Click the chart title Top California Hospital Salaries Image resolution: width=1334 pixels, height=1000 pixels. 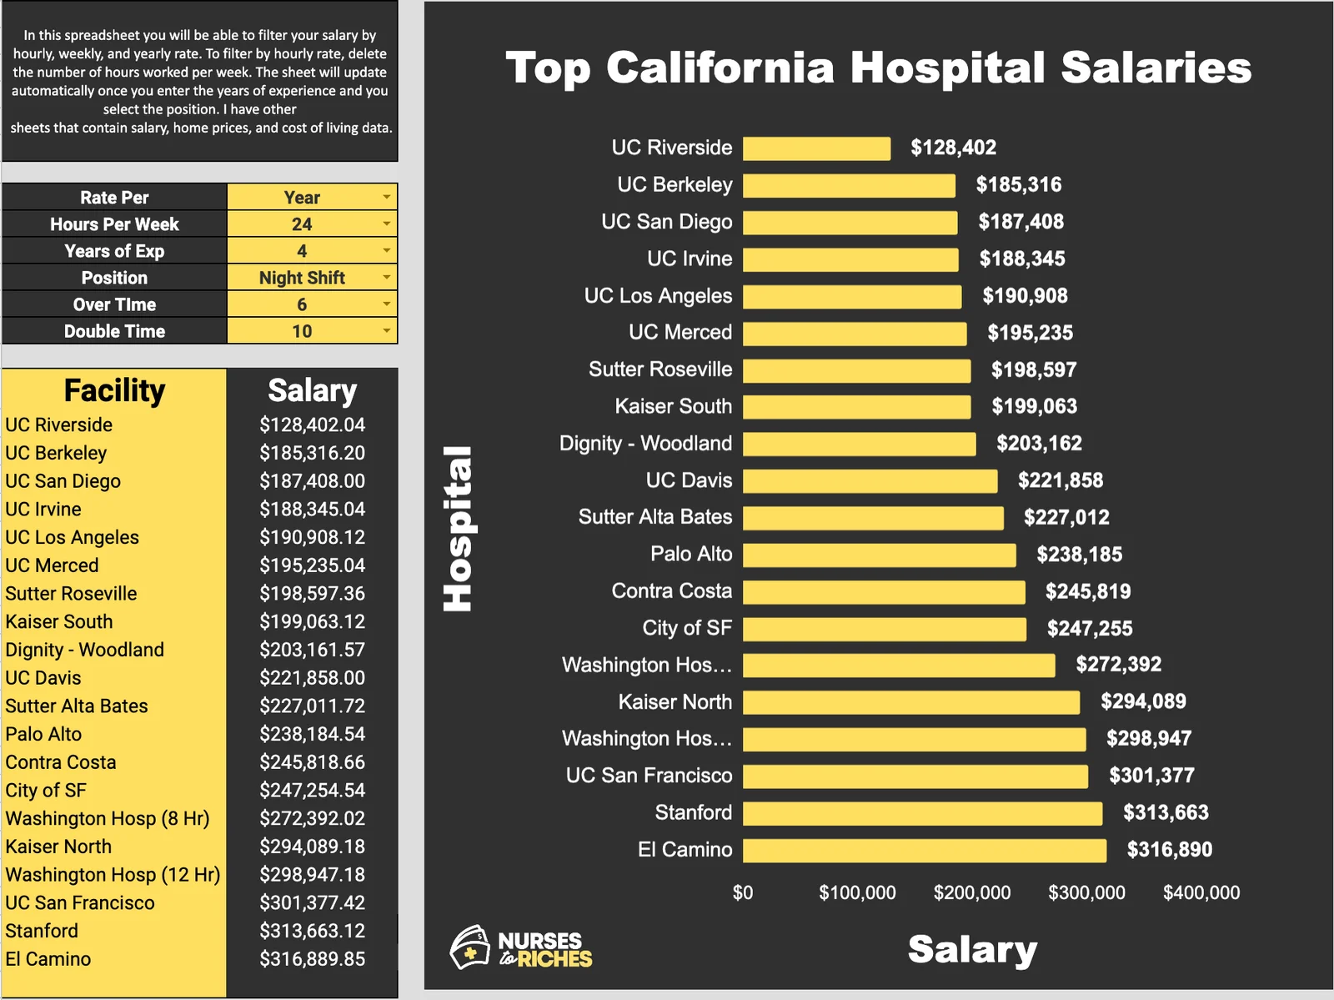coord(878,68)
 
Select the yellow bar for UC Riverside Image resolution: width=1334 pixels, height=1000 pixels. coord(816,148)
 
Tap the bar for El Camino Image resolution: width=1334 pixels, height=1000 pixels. coord(924,850)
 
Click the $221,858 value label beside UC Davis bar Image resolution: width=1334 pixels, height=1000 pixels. coord(1060,480)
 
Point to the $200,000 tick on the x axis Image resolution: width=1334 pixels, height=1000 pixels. coord(971,893)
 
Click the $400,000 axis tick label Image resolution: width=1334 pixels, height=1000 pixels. coord(1201,893)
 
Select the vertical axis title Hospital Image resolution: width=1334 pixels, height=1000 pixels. coord(458,529)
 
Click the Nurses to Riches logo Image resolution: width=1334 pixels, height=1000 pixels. coord(521,948)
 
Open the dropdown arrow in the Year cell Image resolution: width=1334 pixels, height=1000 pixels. coord(386,198)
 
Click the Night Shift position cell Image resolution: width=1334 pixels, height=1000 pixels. coord(302,278)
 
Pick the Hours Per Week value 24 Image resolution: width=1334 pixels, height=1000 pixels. coord(302,224)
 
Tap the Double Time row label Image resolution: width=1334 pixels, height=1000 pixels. coord(114,331)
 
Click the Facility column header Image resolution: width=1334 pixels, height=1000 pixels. coord(114,390)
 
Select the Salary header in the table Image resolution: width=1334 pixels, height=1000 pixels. coord(312,390)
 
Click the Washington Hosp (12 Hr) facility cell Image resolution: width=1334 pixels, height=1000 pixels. coord(113,875)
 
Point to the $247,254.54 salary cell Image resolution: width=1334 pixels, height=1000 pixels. coord(312,791)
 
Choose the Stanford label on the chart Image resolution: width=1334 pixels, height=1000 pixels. coord(693,812)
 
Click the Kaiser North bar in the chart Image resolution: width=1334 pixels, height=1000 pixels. coord(910,702)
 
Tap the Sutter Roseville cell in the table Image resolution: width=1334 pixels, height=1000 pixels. coord(71,594)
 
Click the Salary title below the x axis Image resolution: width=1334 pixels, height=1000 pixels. coord(972,950)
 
